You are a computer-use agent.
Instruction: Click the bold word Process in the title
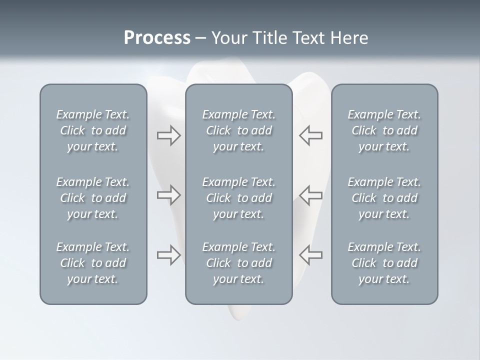click(157, 38)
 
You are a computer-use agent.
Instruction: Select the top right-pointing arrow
click(168, 135)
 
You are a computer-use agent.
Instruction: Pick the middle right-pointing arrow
click(168, 195)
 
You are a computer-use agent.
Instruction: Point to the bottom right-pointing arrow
click(168, 255)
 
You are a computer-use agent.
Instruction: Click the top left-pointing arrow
click(311, 135)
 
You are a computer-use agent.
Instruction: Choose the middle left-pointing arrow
click(311, 195)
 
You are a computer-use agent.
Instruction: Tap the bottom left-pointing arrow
click(311, 255)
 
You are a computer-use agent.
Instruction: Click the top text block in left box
click(93, 130)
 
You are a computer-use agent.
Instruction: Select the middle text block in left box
click(93, 198)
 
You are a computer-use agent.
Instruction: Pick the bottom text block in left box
click(93, 263)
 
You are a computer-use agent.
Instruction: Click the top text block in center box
click(239, 130)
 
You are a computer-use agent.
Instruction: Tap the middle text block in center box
click(239, 198)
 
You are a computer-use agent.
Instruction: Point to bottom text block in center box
click(239, 263)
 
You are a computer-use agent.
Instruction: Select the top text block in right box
click(384, 130)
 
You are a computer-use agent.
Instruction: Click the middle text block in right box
click(384, 198)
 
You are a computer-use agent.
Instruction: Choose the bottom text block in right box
click(384, 263)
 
